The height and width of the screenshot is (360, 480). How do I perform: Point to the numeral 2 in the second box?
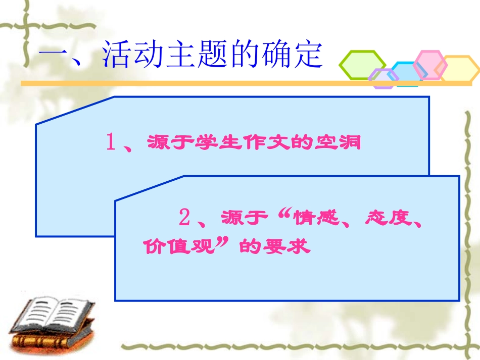click(x=185, y=218)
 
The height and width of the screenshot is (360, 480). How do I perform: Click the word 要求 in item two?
click(x=286, y=246)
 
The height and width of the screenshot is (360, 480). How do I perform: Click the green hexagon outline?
click(x=362, y=65)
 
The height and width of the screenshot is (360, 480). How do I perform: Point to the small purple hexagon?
click(x=383, y=78)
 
